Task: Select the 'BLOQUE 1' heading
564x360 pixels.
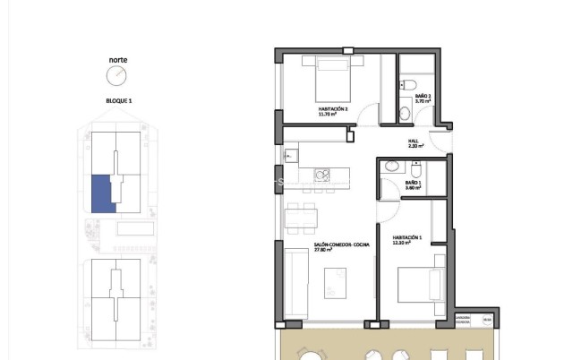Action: click(118, 101)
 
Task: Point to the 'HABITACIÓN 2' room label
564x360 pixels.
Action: click(332, 108)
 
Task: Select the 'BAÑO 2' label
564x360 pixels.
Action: click(423, 96)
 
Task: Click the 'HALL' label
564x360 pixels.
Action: click(413, 141)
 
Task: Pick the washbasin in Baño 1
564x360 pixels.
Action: click(392, 167)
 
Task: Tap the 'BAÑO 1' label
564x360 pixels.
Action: click(413, 183)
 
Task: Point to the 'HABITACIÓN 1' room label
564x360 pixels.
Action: click(407, 237)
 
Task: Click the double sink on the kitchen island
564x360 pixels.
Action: click(322, 175)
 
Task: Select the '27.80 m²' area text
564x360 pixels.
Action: click(323, 250)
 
